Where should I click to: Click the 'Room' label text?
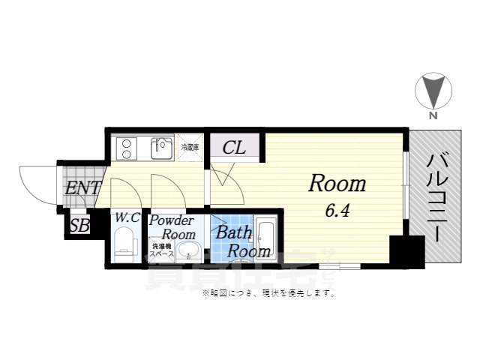tap(337, 184)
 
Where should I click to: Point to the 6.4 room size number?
tap(336, 211)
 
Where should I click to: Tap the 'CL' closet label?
tap(234, 148)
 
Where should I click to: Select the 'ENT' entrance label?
tap(82, 187)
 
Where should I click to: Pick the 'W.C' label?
tap(127, 218)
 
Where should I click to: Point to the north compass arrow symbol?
tap(433, 91)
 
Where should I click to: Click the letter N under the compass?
tap(433, 116)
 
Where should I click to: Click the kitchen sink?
tap(162, 148)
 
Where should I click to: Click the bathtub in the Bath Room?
tap(266, 237)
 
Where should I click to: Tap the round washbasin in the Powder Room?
tap(190, 250)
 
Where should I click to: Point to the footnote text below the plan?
tap(268, 293)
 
